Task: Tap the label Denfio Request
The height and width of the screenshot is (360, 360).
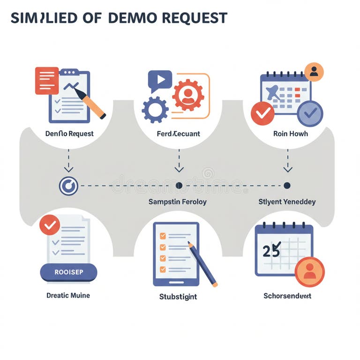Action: point(69,134)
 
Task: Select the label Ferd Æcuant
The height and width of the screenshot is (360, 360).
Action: point(178,134)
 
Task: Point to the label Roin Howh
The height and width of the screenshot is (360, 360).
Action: point(291,134)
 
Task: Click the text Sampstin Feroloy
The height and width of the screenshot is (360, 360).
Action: point(178,202)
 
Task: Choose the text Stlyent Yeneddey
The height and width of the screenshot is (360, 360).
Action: point(287,202)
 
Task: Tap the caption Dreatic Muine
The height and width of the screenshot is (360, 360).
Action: point(68,295)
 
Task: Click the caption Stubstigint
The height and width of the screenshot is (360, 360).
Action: point(178,297)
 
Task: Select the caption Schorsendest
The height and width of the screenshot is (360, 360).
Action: point(287,296)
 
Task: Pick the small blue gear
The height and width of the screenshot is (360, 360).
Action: point(155,110)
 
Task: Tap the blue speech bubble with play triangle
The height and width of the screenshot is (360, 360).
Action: point(160,81)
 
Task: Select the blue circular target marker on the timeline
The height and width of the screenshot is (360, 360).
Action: point(68,186)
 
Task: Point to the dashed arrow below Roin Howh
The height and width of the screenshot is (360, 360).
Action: point(288,161)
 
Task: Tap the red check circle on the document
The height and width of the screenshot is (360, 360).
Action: point(49,225)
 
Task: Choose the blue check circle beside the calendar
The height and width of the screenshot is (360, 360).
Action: point(310,113)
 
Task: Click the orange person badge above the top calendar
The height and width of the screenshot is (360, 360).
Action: point(314,72)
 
